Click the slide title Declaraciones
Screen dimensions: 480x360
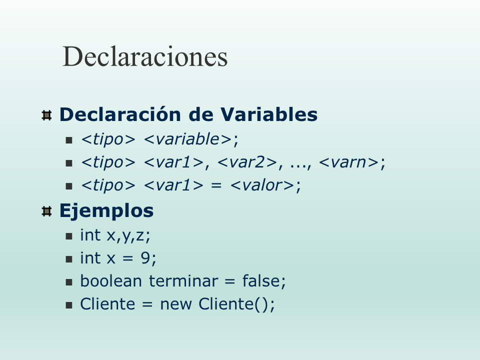(x=145, y=56)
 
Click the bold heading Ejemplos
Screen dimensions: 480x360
(x=106, y=211)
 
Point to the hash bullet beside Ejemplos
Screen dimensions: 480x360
(x=46, y=211)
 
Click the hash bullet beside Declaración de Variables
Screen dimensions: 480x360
(x=46, y=115)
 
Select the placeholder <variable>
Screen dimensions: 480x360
(x=187, y=139)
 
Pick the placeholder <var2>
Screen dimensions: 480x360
(x=247, y=162)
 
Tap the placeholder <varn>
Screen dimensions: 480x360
(x=349, y=162)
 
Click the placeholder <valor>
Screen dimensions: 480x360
(x=262, y=185)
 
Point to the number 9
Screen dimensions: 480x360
(x=145, y=258)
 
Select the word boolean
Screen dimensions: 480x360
(x=111, y=280)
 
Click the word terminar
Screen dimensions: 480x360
(x=183, y=280)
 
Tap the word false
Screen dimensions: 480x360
(x=261, y=280)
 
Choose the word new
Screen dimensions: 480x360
(x=176, y=304)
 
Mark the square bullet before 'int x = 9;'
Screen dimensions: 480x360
(x=69, y=259)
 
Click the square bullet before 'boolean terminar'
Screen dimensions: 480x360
(x=69, y=282)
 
